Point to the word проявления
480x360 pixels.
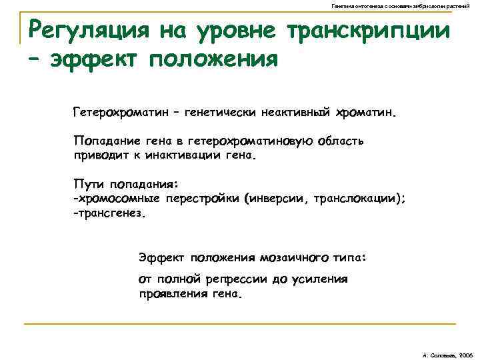171,294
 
